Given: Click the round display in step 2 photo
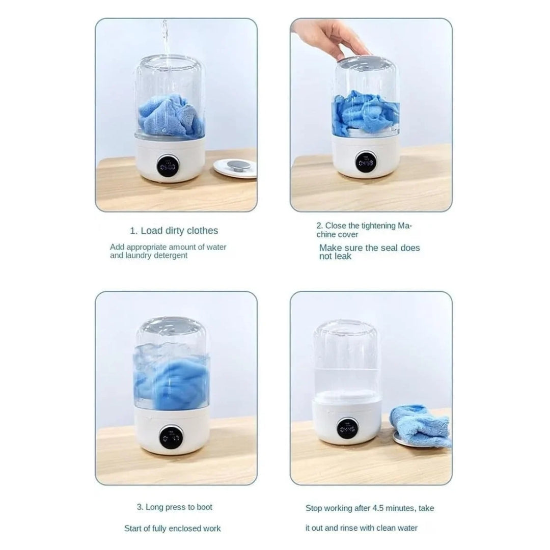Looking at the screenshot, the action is point(366,162).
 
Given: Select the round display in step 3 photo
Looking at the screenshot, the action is point(171,437).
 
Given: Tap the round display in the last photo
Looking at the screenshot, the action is point(347,429).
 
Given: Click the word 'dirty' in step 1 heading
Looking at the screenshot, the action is point(175,231).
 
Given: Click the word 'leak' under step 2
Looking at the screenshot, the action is point(342,256).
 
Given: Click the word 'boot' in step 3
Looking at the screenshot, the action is point(205,507).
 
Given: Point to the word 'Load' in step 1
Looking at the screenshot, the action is point(152,231).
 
